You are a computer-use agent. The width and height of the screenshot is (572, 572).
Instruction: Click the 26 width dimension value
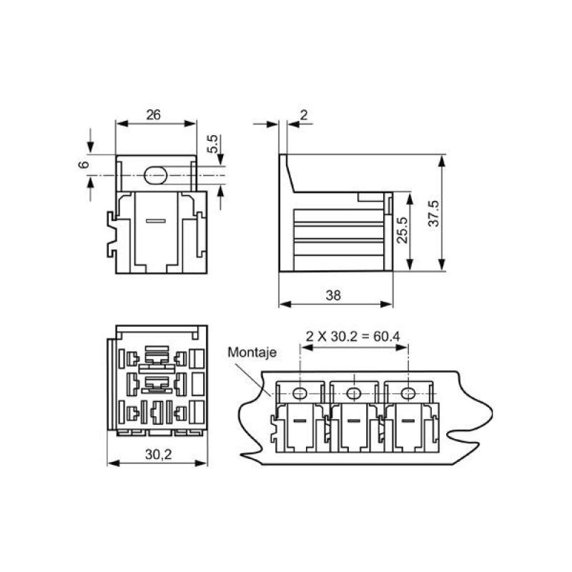[153, 113]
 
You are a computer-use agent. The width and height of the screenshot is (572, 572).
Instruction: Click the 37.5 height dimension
[433, 213]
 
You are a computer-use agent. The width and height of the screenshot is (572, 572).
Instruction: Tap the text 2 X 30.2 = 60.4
[352, 336]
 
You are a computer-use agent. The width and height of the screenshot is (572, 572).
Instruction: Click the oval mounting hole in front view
[154, 174]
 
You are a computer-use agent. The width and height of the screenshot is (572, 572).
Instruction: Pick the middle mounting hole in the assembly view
[353, 393]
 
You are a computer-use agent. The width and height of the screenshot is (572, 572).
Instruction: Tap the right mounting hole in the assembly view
[407, 393]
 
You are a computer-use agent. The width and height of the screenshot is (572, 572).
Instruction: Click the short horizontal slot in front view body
[154, 221]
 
